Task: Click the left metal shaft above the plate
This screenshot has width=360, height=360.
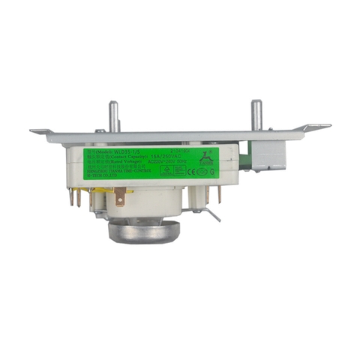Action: (x=114, y=116)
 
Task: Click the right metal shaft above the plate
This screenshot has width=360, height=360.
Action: (x=256, y=115)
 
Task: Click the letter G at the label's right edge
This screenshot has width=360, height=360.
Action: (x=214, y=170)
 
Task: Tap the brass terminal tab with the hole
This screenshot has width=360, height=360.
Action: (x=120, y=198)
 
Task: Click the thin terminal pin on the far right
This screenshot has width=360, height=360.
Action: (x=220, y=195)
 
